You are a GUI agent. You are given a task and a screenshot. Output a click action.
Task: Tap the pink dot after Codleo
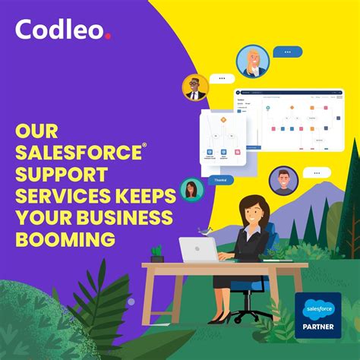tap(109, 35)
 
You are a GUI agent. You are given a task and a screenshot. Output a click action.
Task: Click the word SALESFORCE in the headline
tap(77, 152)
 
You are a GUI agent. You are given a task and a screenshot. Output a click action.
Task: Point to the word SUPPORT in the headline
tap(62, 174)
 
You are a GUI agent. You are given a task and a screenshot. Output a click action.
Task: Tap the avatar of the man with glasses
tap(196, 87)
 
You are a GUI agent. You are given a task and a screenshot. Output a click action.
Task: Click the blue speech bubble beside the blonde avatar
tap(287, 52)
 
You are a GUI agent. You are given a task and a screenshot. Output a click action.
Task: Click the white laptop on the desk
tap(198, 250)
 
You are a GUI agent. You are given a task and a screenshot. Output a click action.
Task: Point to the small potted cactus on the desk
tap(157, 254)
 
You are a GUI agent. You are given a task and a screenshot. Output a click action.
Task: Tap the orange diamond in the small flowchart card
tap(224, 119)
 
